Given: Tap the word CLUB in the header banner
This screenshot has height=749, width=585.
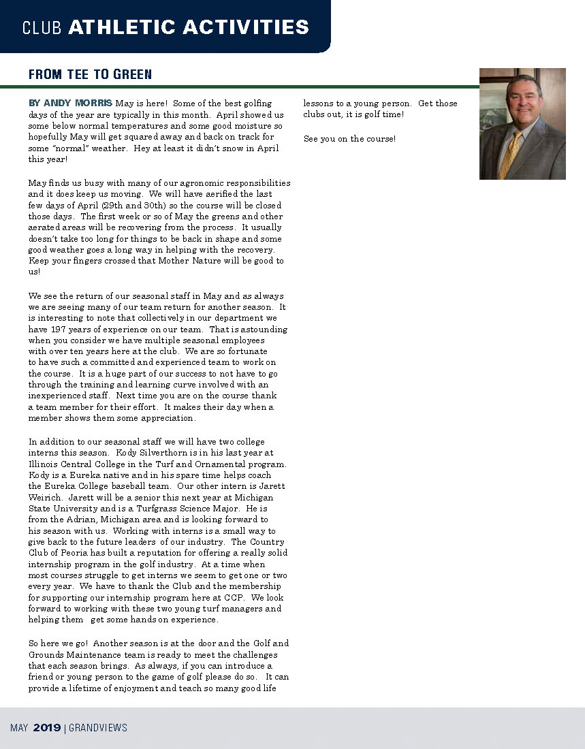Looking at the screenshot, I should pos(42,28).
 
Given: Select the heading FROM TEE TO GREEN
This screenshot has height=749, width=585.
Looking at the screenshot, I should pos(90,74).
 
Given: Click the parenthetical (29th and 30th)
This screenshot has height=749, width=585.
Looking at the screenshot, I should pos(119,206).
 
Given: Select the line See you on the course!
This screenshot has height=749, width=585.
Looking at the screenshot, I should pos(349,139).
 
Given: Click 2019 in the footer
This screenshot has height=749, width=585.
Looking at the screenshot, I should pos(47,728).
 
